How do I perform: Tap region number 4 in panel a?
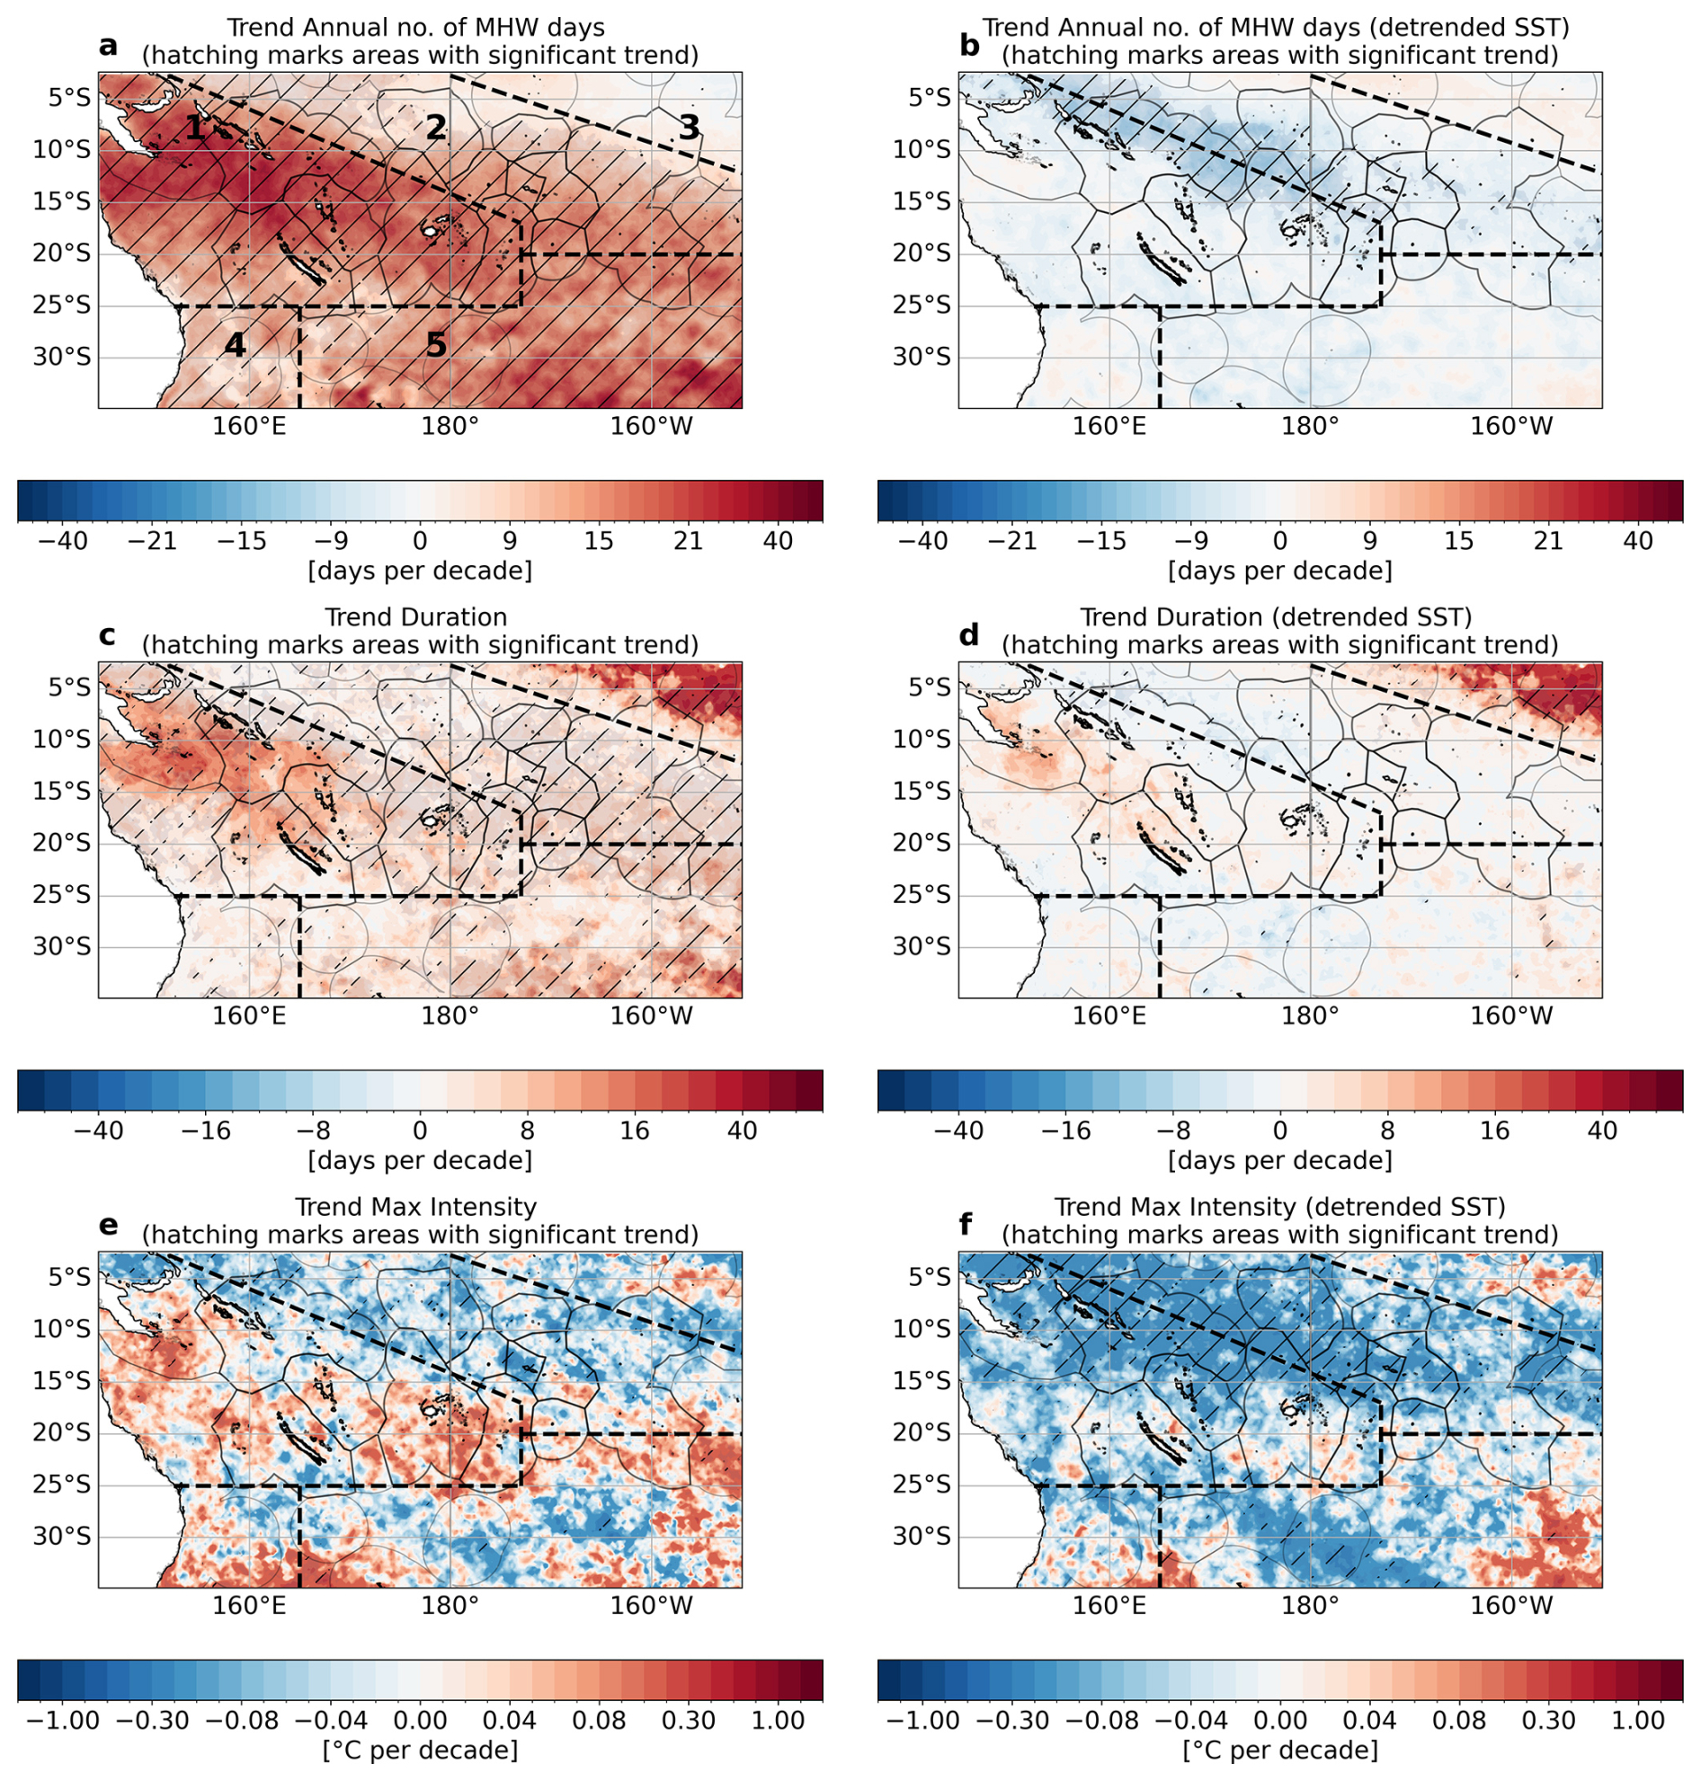235,345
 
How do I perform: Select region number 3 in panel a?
689,128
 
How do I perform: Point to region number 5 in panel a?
436,345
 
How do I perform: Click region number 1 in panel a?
194,128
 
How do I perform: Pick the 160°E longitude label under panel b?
1109,426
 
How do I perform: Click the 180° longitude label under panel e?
450,1605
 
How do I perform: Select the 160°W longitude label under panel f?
1511,1605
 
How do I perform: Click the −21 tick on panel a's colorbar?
153,542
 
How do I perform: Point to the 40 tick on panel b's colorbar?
1637,542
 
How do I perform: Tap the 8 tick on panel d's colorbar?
1386,1131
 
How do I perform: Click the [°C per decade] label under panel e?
420,1750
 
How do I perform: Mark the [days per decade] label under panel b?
1279,571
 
